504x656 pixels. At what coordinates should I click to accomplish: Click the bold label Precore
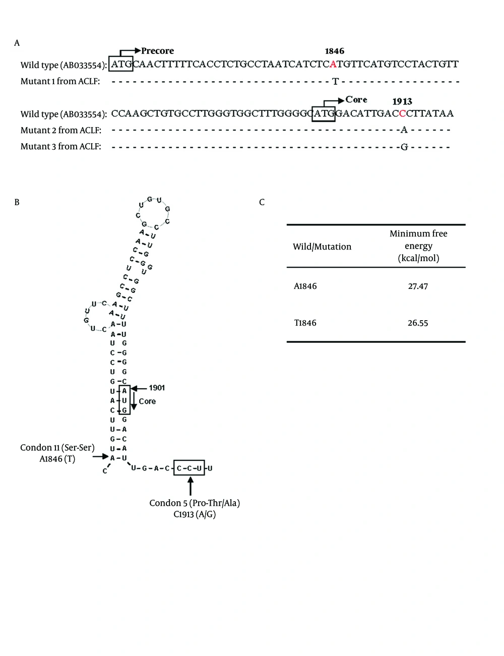(157, 51)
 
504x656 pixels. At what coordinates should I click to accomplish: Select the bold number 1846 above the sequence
(334, 51)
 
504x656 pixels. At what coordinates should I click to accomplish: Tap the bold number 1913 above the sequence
(402, 101)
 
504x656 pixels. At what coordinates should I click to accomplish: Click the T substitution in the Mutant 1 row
(335, 82)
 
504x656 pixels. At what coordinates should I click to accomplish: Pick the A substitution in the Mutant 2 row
(404, 130)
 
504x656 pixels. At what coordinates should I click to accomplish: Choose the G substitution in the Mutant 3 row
(404, 147)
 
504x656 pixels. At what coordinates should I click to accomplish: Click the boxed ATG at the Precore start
(121, 64)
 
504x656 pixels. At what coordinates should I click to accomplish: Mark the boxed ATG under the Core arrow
(324, 114)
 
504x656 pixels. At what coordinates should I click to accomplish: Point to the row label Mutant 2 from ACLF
(60, 130)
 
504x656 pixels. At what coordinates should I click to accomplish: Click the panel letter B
(17, 202)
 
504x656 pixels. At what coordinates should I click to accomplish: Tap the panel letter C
(262, 202)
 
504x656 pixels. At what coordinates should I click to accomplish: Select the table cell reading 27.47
(418, 286)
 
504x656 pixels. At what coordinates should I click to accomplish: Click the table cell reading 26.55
(418, 323)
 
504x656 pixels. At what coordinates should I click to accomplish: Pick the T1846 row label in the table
(305, 323)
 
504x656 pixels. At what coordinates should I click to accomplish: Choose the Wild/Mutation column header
(322, 247)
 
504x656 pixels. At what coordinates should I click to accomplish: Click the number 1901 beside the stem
(157, 388)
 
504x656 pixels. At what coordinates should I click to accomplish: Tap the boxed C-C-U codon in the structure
(189, 467)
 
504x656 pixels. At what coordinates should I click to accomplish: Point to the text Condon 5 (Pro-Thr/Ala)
(195, 503)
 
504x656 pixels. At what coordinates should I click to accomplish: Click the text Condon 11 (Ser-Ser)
(57, 447)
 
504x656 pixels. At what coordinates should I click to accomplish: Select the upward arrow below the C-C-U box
(191, 486)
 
